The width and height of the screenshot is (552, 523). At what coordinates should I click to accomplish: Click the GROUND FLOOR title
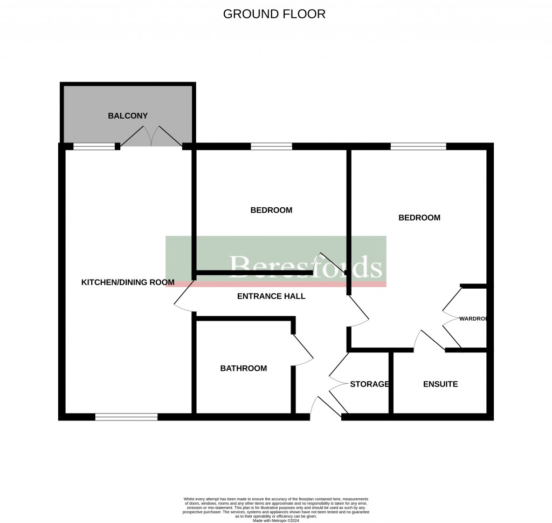click(x=274, y=14)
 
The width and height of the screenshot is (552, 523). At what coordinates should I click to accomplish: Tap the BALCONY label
click(x=128, y=116)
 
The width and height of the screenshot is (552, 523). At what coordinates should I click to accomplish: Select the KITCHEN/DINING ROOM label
click(x=128, y=282)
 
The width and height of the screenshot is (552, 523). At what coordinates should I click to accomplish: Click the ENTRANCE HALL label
click(x=271, y=296)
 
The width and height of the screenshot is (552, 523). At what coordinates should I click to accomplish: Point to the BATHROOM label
click(x=243, y=369)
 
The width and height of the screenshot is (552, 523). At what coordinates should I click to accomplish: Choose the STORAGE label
click(x=369, y=384)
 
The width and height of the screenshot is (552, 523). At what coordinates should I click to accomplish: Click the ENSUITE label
click(x=440, y=384)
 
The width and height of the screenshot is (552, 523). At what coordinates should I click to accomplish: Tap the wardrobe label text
click(x=473, y=319)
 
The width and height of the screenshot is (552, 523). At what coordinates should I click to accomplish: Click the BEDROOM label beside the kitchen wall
click(x=271, y=210)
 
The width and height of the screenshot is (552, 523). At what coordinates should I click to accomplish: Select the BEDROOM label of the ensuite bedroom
click(x=419, y=218)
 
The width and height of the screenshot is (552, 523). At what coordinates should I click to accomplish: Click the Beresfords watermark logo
click(x=306, y=266)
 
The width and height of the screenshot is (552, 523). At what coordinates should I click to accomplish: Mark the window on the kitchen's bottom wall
click(x=127, y=417)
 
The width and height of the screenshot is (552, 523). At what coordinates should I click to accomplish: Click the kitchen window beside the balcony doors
click(x=94, y=146)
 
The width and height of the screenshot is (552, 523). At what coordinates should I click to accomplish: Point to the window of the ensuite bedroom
click(x=418, y=146)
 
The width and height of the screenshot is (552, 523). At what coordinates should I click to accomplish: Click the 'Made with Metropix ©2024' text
click(x=275, y=520)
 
